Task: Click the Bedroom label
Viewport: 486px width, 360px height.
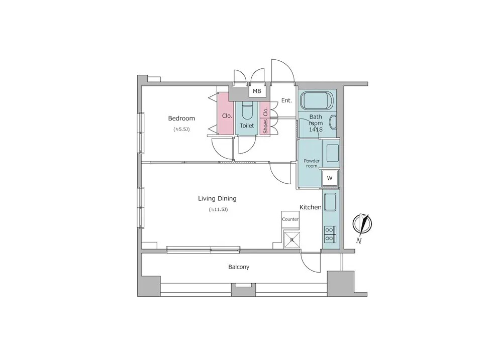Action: pyautogui.click(x=181, y=118)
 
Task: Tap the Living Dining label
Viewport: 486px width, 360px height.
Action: pyautogui.click(x=217, y=199)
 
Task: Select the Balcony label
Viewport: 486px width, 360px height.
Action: pyautogui.click(x=239, y=267)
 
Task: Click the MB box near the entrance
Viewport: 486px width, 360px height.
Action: pyautogui.click(x=257, y=91)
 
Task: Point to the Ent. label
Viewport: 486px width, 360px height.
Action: pyautogui.click(x=286, y=100)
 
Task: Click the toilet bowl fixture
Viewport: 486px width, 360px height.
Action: pyautogui.click(x=247, y=112)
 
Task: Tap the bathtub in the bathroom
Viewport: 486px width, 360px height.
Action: pyautogui.click(x=317, y=100)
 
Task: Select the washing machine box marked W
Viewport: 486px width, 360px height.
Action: pyautogui.click(x=330, y=178)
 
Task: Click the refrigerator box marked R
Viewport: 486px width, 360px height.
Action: pyautogui.click(x=292, y=239)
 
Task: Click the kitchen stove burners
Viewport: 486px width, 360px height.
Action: pyautogui.click(x=329, y=234)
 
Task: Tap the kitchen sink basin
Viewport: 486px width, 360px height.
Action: pyautogui.click(x=330, y=202)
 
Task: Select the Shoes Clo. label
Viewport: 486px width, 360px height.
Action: pyautogui.click(x=265, y=118)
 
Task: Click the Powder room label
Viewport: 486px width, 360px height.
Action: pyautogui.click(x=312, y=164)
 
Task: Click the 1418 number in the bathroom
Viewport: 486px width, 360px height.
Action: pyautogui.click(x=316, y=130)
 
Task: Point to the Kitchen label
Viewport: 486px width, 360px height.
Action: pyautogui.click(x=310, y=207)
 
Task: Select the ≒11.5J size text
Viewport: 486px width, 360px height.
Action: pyautogui.click(x=218, y=209)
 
